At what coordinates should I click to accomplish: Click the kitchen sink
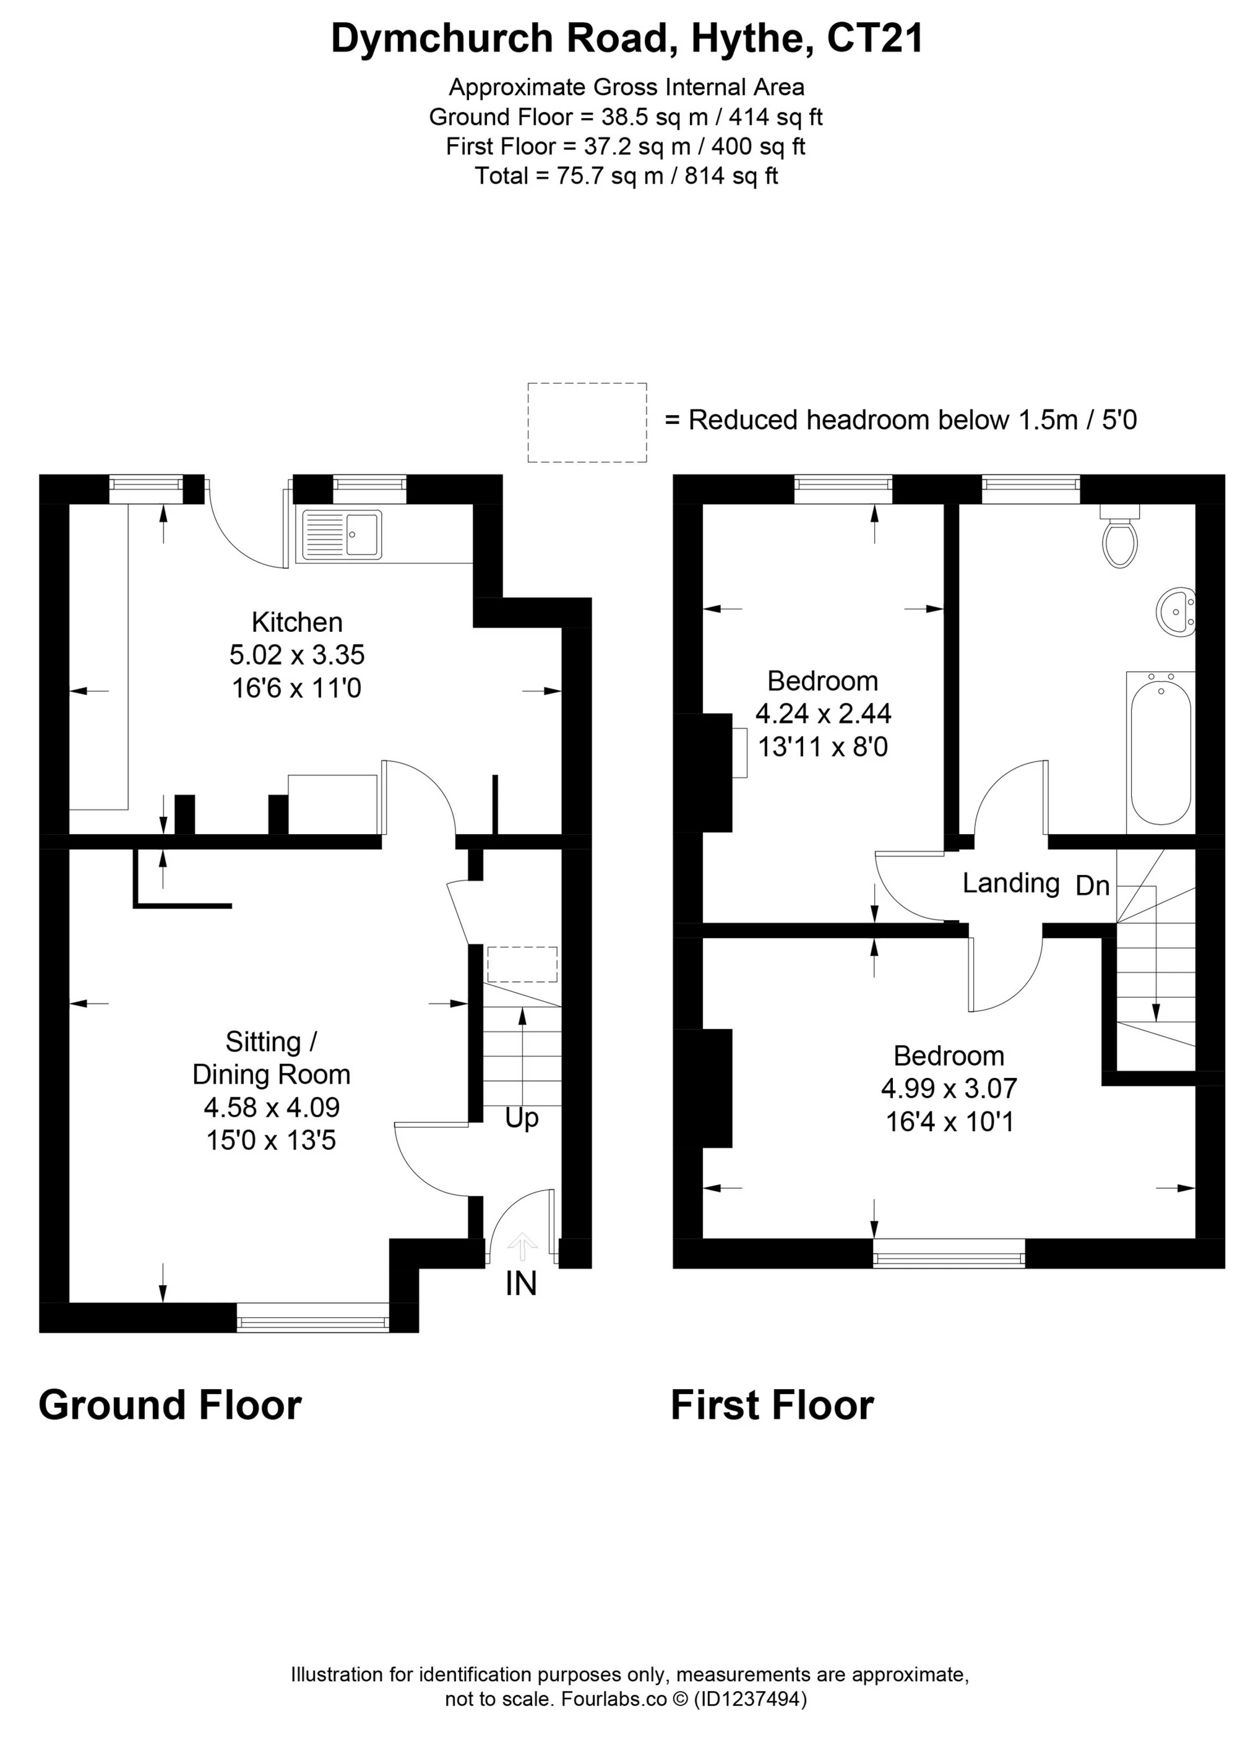pyautogui.click(x=342, y=534)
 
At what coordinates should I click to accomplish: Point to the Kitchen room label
pyautogui.click(x=297, y=622)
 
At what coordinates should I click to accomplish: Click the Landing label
pyautogui.click(x=1010, y=882)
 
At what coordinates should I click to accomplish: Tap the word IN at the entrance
pyautogui.click(x=521, y=1283)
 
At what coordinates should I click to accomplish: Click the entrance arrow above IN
pyautogui.click(x=522, y=1246)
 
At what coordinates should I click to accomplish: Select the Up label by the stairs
pyautogui.click(x=522, y=1118)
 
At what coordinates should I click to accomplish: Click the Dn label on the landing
pyautogui.click(x=1092, y=886)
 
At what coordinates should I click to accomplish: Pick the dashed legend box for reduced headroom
pyautogui.click(x=587, y=423)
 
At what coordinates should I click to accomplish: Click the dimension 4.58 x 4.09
pyautogui.click(x=272, y=1107)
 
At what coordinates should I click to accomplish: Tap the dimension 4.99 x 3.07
pyautogui.click(x=949, y=1088)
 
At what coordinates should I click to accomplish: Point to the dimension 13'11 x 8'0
pyautogui.click(x=823, y=746)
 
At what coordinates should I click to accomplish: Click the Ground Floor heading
pyautogui.click(x=170, y=1405)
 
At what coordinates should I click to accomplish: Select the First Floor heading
pyautogui.click(x=772, y=1405)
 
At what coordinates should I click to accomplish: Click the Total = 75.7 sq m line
pyautogui.click(x=626, y=176)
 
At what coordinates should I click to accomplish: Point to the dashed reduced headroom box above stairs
pyautogui.click(x=522, y=964)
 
